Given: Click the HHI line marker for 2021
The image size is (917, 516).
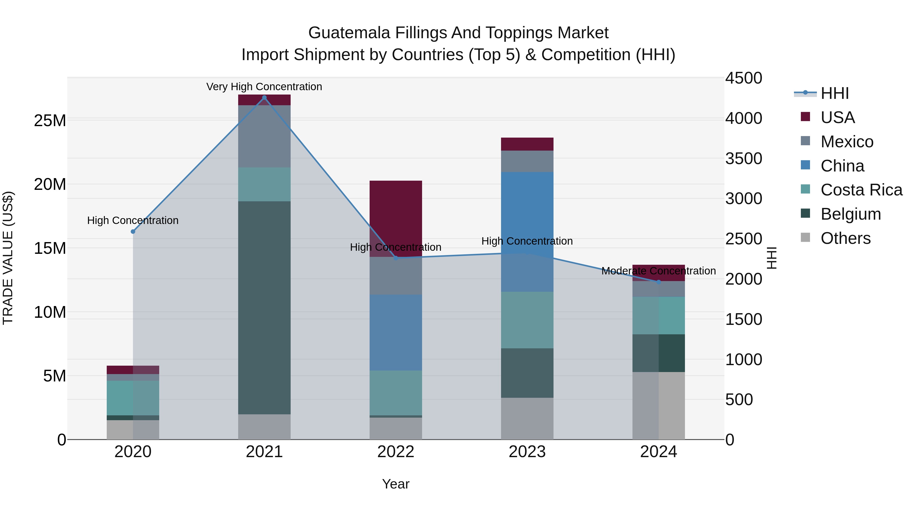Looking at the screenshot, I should coord(264,98).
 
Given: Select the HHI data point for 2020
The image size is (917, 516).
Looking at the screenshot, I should coord(133,231).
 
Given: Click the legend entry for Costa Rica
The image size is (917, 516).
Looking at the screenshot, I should coord(861,190).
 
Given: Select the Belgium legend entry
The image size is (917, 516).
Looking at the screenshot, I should coord(851,214).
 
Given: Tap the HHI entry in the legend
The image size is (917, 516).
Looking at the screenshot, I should coord(834,93).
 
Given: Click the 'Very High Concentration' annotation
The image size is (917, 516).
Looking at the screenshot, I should coord(264,87).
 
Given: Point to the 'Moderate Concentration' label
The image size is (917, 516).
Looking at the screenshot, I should coord(658,271).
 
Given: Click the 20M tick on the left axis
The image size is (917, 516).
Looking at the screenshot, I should coord(50,184).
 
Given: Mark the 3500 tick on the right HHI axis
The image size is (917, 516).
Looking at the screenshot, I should coord(744,158).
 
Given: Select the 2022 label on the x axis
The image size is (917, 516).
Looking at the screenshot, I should coord(396,452).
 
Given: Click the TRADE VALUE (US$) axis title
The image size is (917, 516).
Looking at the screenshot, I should coord(8,258).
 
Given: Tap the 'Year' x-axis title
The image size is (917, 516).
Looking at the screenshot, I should coord(396,484).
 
